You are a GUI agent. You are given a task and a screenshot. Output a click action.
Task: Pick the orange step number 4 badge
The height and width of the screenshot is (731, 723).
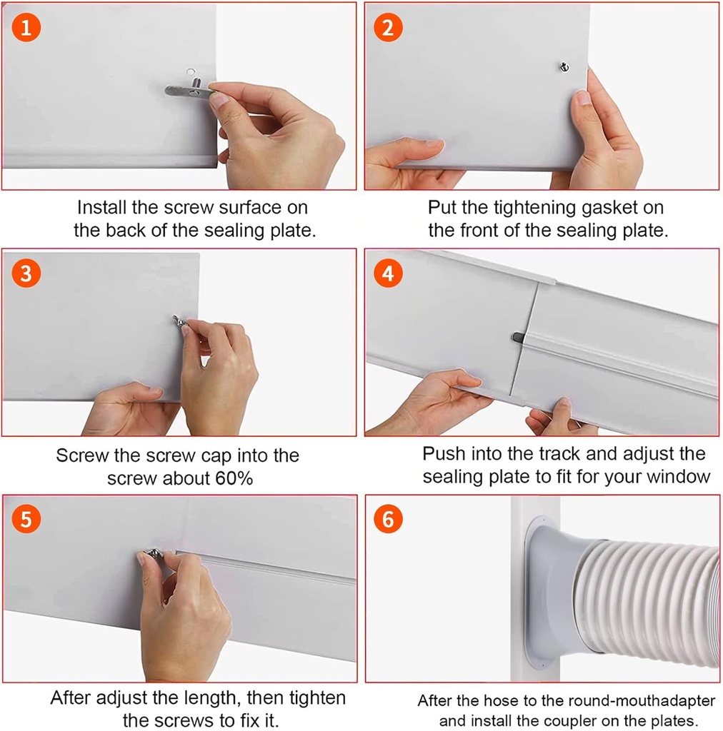[x=388, y=274]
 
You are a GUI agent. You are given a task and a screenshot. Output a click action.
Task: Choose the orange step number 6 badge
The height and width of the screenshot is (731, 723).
[x=388, y=519]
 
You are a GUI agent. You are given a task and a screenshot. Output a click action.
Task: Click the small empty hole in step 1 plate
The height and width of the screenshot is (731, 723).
[x=189, y=71]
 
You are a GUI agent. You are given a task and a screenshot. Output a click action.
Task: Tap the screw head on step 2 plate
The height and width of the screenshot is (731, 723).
[x=563, y=67]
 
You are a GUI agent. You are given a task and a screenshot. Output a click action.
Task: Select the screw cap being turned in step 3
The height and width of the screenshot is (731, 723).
[x=179, y=323]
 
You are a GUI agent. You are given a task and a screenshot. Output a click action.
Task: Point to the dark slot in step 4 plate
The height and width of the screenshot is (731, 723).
[x=517, y=336]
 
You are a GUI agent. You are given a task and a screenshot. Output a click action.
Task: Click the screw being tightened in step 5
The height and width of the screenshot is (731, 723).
[x=154, y=553]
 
